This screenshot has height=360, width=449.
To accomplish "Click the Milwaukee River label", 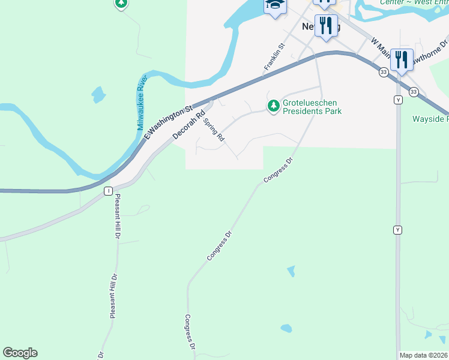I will tap(142, 103).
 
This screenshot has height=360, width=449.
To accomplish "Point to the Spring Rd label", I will tap(214, 129).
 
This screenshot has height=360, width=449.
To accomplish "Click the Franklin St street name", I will tap(274, 55).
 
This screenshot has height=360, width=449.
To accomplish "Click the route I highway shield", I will tap(107, 191).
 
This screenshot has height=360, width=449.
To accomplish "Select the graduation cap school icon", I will tap(275, 6).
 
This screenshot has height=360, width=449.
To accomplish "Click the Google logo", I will tap(20, 353).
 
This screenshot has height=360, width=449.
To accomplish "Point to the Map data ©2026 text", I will tap(423, 355).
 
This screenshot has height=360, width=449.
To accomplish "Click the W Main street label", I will tap(382, 51).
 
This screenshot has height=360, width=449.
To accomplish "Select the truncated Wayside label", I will tap(430, 119).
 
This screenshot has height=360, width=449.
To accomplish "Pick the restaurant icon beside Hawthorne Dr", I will tap(402, 59).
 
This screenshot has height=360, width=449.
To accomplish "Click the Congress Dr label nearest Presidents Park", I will tap(277, 170).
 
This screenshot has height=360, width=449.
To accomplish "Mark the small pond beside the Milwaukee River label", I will tap(98, 95).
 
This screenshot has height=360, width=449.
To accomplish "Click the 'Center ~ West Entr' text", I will tap(414, 2).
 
